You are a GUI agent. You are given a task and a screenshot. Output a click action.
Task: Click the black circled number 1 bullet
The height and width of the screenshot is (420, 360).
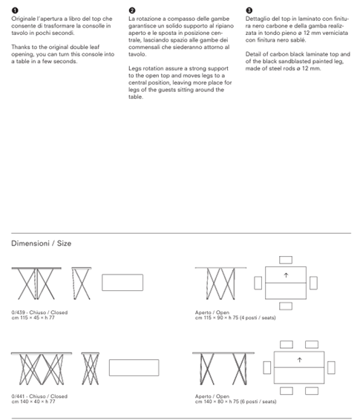(x=15, y=10)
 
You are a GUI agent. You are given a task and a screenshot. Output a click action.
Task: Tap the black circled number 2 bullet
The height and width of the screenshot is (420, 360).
(x=132, y=10)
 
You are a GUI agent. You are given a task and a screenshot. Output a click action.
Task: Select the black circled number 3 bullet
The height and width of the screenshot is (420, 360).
(x=249, y=10)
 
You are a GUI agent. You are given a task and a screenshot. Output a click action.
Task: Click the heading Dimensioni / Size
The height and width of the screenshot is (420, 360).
(x=42, y=243)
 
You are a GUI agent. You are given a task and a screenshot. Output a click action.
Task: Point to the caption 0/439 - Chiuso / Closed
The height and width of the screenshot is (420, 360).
(x=39, y=312)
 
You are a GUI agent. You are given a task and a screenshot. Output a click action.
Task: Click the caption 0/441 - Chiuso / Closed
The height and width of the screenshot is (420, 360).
(x=39, y=396)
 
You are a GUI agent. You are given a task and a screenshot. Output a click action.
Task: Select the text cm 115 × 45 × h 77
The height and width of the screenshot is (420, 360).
(x=33, y=318)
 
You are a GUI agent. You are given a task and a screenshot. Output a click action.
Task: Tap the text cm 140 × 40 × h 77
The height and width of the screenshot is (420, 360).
(x=33, y=401)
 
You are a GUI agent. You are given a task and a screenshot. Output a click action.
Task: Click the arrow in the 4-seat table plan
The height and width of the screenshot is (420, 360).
(x=286, y=275)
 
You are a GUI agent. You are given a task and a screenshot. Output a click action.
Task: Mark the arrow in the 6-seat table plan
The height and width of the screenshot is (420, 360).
(x=299, y=360)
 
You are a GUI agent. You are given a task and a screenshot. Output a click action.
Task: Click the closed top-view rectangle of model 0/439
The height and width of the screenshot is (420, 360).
(x=122, y=282)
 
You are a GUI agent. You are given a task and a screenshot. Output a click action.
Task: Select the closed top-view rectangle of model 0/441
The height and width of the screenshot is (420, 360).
(x=134, y=367)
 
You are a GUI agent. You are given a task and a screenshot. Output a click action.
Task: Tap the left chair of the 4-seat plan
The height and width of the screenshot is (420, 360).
(x=258, y=283)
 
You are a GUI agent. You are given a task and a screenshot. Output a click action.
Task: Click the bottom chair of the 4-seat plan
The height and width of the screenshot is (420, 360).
(x=286, y=306)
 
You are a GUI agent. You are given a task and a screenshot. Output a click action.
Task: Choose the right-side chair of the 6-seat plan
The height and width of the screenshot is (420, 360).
(x=331, y=367)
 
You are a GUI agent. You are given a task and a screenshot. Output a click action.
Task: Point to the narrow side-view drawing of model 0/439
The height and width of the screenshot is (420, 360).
(x=82, y=283)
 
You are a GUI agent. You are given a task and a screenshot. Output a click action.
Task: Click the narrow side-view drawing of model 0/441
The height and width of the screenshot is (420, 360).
(x=91, y=369)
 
